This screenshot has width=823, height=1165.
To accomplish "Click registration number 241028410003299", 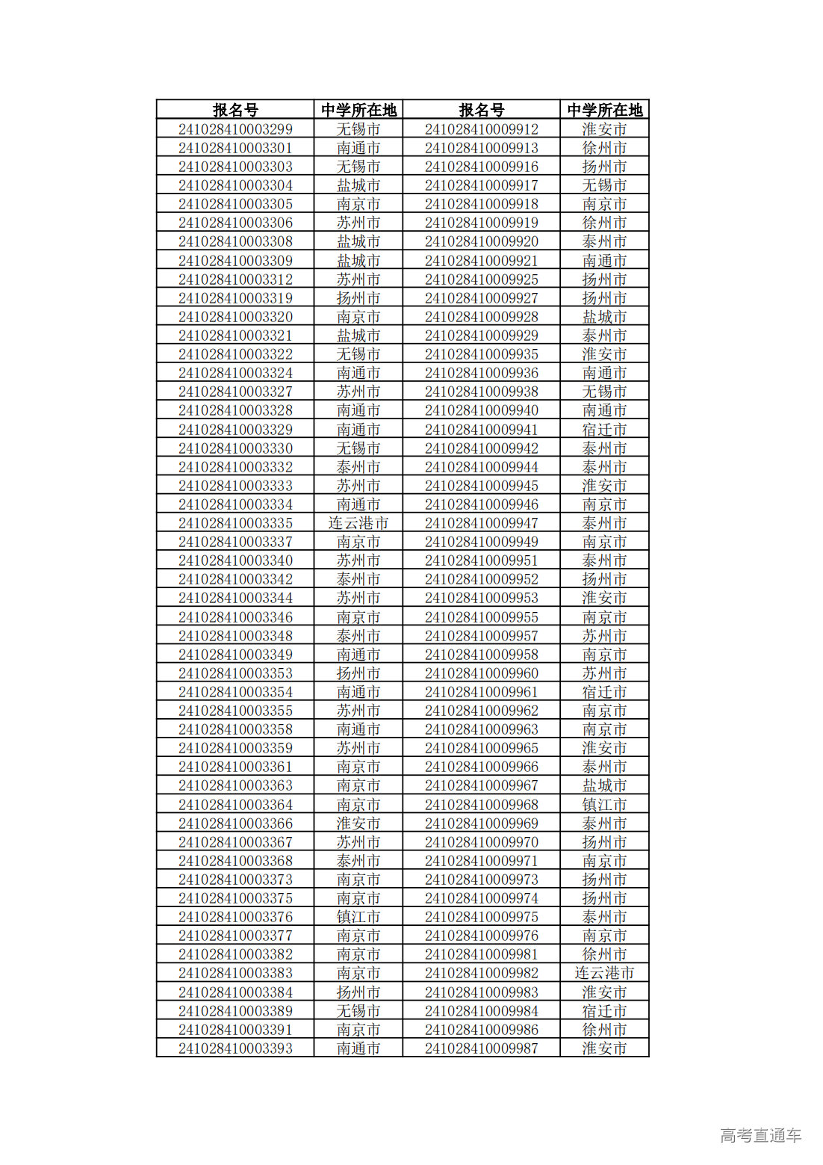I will (235, 129).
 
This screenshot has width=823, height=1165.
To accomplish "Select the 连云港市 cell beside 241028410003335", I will (358, 523).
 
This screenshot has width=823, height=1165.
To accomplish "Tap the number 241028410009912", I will (482, 129).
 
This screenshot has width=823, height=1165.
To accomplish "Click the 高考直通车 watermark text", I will (760, 1136).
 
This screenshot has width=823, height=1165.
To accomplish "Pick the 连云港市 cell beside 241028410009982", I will (604, 973).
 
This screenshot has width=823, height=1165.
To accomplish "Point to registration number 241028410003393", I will (235, 1048).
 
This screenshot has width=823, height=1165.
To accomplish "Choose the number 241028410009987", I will (482, 1048).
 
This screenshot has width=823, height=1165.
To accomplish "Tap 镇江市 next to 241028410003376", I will (358, 917).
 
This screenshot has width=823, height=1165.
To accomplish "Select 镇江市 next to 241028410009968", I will (604, 805).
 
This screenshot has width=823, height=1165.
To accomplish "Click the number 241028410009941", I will (482, 430).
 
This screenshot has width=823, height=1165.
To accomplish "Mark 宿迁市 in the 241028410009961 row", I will (604, 692).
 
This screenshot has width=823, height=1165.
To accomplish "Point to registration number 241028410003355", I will (235, 711).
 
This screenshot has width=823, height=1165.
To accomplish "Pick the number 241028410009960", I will (482, 673).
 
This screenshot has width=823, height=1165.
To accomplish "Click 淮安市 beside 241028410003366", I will (358, 823).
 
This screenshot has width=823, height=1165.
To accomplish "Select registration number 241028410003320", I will (235, 317).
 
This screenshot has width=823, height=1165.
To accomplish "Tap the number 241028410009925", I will (482, 279).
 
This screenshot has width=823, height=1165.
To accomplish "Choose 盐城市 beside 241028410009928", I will (604, 317).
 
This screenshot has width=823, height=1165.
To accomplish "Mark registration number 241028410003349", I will (235, 655).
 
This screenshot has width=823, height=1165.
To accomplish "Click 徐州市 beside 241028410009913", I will (604, 148).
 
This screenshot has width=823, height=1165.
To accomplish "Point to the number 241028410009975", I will (482, 917).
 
